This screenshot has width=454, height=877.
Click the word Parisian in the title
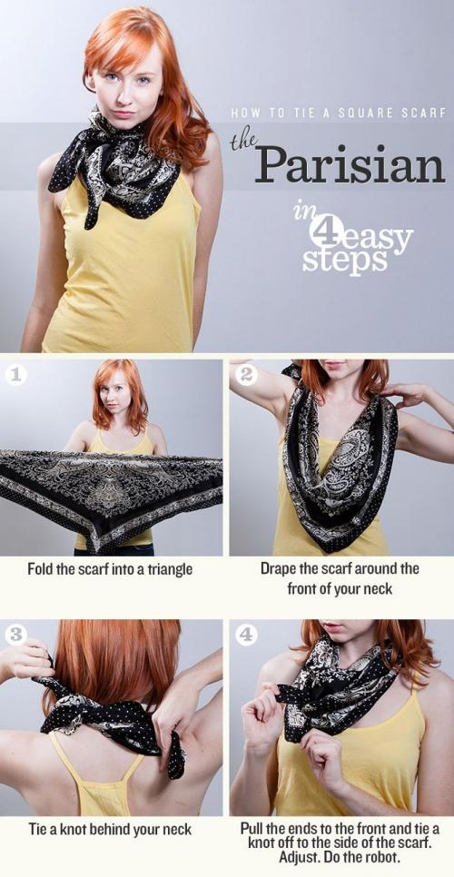click(350, 164)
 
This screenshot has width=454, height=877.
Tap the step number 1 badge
click(15, 375)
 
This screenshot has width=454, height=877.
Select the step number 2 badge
click(245, 375)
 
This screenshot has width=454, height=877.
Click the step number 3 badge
click(15, 635)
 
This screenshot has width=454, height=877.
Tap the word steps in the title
click(345, 260)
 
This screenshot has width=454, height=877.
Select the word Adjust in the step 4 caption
click(309, 857)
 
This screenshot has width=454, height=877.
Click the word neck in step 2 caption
click(378, 588)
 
